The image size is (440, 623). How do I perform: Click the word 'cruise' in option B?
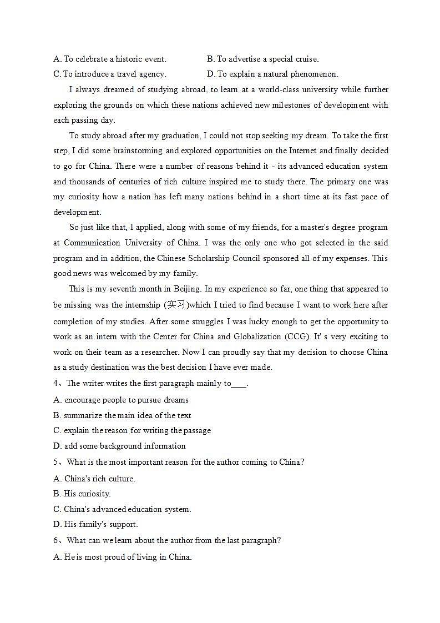coord(306,59)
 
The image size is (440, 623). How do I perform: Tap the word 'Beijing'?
coord(188,289)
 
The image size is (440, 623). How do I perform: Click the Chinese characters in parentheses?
coord(175,304)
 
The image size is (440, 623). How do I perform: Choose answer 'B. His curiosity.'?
coord(82,494)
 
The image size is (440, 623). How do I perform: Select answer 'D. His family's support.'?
coord(95,524)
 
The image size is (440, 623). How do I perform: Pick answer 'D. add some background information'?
coord(119,446)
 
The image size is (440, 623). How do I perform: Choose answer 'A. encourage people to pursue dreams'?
coord(121,400)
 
